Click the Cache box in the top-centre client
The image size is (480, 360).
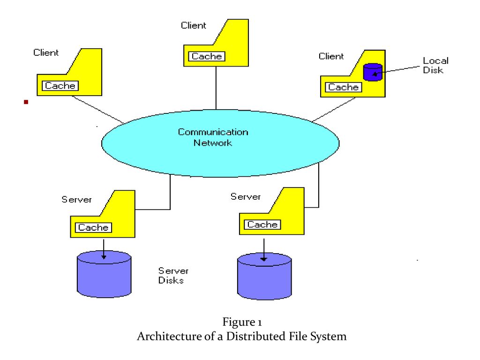coord(207,56)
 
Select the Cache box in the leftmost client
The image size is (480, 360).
coord(60,86)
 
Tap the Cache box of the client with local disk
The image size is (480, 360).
coord(344,87)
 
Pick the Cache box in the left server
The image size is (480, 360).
coord(93,227)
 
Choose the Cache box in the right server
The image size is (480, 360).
coord(262,225)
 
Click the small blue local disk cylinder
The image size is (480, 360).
coord(373,72)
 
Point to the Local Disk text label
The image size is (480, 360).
coord(435,65)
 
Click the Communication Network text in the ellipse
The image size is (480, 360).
coord(213,137)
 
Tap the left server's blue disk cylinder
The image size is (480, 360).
coord(104,274)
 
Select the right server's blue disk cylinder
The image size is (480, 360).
coord(264,276)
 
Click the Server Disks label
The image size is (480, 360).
coord(173,276)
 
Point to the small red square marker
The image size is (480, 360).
coord(26,102)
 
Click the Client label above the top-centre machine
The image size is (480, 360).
coord(194,25)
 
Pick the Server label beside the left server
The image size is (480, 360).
coord(76,200)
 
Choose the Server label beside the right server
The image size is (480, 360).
coord(246,196)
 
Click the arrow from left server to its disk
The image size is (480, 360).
coord(104,249)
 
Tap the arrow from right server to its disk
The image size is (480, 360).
coord(264,250)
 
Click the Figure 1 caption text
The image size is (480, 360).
coord(242,322)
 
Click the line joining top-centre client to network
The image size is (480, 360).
coord(216,88)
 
